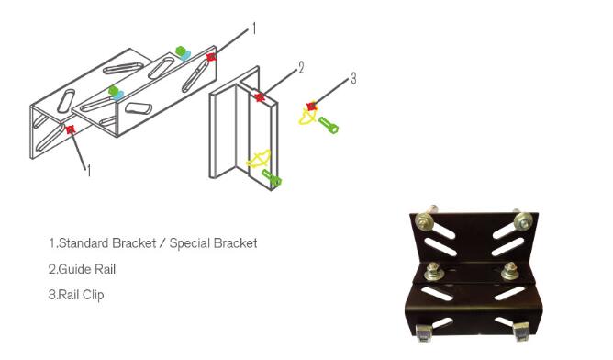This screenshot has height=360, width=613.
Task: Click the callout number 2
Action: point(301,68)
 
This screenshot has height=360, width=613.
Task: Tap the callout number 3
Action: point(353,79)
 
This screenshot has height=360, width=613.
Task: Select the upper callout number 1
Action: point(254,28)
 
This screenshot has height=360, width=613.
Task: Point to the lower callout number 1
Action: point(89,171)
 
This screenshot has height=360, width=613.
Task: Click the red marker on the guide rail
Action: point(260,97)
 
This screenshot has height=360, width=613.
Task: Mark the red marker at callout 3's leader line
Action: point(311,106)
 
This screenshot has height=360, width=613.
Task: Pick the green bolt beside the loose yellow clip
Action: point(329,125)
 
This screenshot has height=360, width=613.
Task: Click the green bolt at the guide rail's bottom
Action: point(272,177)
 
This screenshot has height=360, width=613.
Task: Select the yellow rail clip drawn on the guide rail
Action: point(259,159)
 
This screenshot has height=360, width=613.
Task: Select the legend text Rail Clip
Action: point(81,295)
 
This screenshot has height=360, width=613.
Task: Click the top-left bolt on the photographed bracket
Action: point(425,219)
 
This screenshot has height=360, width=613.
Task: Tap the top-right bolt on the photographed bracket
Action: point(523,221)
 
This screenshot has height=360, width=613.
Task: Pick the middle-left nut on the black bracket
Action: point(433,270)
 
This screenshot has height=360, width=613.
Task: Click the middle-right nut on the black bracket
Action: point(510,270)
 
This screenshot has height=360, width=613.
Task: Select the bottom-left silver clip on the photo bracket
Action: point(423,332)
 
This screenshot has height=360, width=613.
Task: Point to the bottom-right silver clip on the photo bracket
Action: point(521,332)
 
